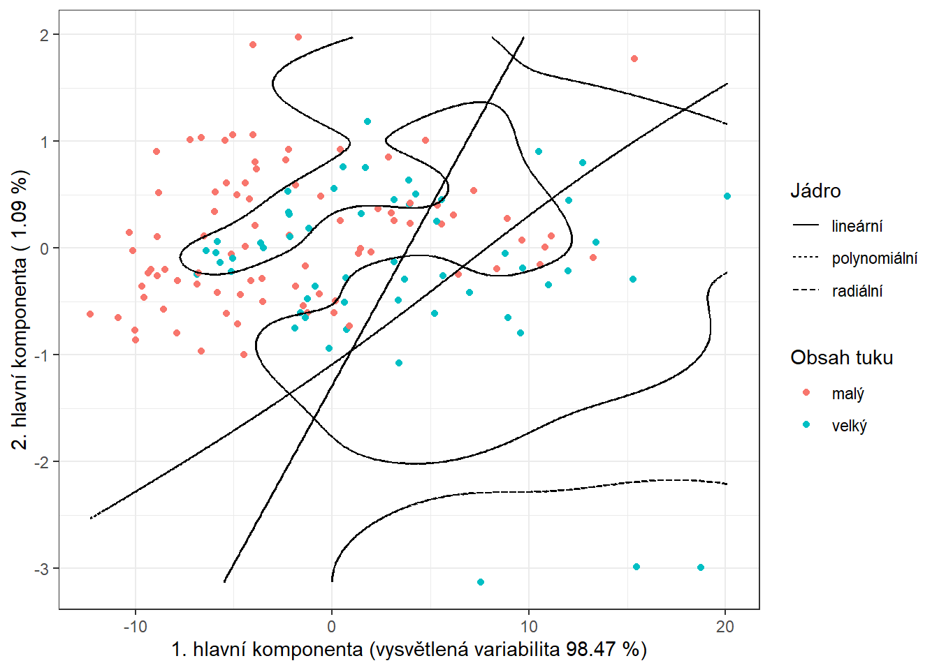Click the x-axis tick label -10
point(135,626)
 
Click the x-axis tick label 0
point(332,626)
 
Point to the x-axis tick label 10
point(529,626)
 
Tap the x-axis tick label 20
point(725,626)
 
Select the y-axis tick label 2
point(45,35)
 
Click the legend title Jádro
point(815,191)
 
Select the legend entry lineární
point(857,226)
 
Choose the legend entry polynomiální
point(874,259)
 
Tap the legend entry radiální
point(857,291)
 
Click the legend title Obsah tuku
point(841,358)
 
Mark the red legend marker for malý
point(806,393)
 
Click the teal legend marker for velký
point(806,425)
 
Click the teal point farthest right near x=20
point(727,196)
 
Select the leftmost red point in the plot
point(90,314)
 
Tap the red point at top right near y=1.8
point(634,59)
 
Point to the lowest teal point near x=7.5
point(481,582)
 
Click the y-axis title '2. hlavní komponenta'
point(21,309)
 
